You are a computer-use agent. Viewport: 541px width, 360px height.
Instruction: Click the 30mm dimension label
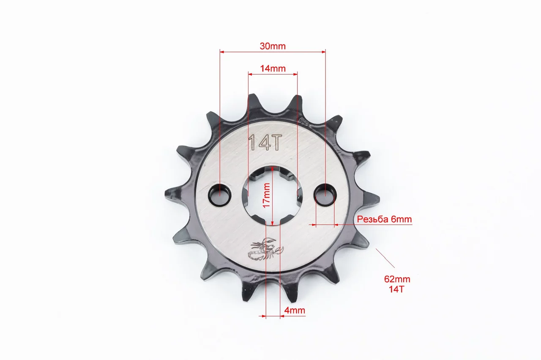coord(273,46)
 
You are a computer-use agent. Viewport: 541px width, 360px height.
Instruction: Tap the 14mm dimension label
coord(273,69)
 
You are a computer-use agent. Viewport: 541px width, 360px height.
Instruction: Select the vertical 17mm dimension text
coord(266,195)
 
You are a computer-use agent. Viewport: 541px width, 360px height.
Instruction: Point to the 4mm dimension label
coord(295,310)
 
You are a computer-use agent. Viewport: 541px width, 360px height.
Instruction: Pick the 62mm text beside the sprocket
coord(397,279)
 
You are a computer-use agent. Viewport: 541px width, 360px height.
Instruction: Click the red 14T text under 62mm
coord(396,289)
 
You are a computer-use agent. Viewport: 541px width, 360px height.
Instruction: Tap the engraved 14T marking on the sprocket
coord(265,143)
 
